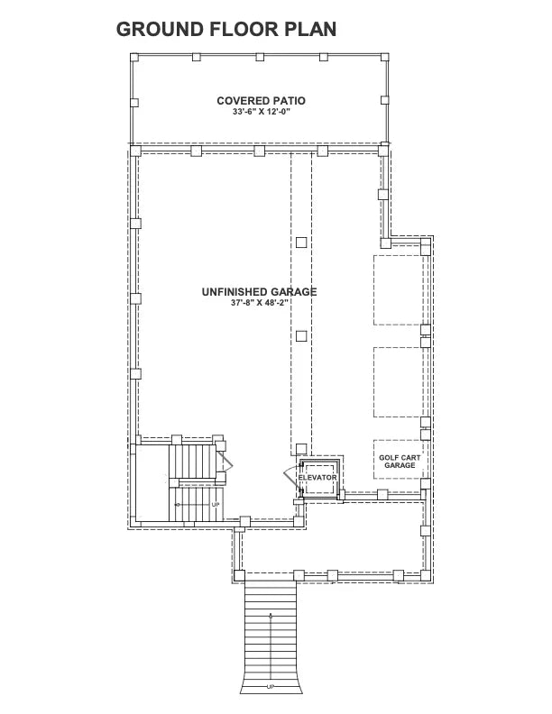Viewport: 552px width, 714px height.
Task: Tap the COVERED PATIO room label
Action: coord(260,100)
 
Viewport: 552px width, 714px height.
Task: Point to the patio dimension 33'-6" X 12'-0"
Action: coord(260,112)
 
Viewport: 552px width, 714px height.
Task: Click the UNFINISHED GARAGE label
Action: coord(260,292)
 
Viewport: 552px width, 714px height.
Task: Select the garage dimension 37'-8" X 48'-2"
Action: coord(260,304)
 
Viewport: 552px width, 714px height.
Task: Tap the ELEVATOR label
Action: coord(317,477)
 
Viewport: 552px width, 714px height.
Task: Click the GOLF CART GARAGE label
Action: coord(398,462)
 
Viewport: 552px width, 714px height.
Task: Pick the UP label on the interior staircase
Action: coord(216,504)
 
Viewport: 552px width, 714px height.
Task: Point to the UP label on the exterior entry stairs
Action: coord(271,687)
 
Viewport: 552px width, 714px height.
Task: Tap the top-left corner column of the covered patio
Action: coord(134,57)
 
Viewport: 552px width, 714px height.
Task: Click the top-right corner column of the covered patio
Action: coord(385,57)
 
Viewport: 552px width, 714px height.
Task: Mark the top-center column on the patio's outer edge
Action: coord(260,57)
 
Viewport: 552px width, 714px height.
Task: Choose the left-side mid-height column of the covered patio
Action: coord(134,102)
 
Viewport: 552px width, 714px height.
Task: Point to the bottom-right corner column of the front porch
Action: coord(420,573)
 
